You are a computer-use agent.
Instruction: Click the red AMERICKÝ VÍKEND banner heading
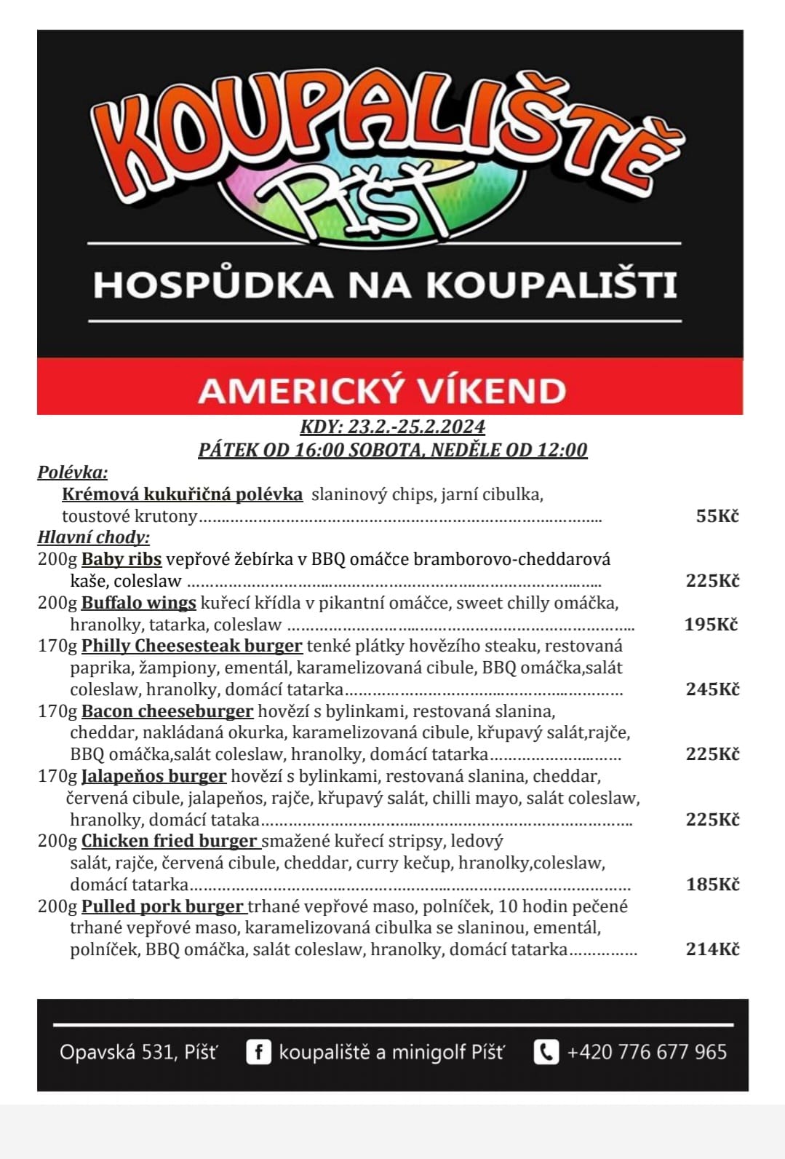pos(382,390)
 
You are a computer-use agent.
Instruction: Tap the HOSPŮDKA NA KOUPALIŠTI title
pos(385,285)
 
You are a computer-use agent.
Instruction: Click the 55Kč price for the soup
pos(717,516)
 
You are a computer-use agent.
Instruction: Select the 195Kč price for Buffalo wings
pos(711,624)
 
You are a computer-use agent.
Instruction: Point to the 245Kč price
pos(712,689)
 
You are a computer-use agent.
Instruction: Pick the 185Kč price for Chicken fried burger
pos(712,885)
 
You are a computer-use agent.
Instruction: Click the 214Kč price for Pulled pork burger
pos(712,949)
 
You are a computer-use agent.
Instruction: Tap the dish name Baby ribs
pos(121,559)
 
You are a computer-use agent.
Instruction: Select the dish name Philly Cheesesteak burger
pos(191,646)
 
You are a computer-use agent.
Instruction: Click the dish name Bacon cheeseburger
pos(167,711)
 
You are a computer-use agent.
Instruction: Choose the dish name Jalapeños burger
pos(154,776)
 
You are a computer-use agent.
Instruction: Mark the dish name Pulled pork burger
pos(162,906)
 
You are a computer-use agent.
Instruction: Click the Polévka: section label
pos(73,472)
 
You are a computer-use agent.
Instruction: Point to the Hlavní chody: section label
pos(94,537)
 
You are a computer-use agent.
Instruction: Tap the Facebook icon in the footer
pos(258,1052)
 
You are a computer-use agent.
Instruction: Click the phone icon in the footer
pos(546,1052)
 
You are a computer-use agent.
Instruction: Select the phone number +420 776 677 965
pos(647,1052)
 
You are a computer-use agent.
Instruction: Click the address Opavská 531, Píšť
pos(138,1052)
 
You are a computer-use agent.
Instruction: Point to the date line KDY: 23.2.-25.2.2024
pos(392,427)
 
